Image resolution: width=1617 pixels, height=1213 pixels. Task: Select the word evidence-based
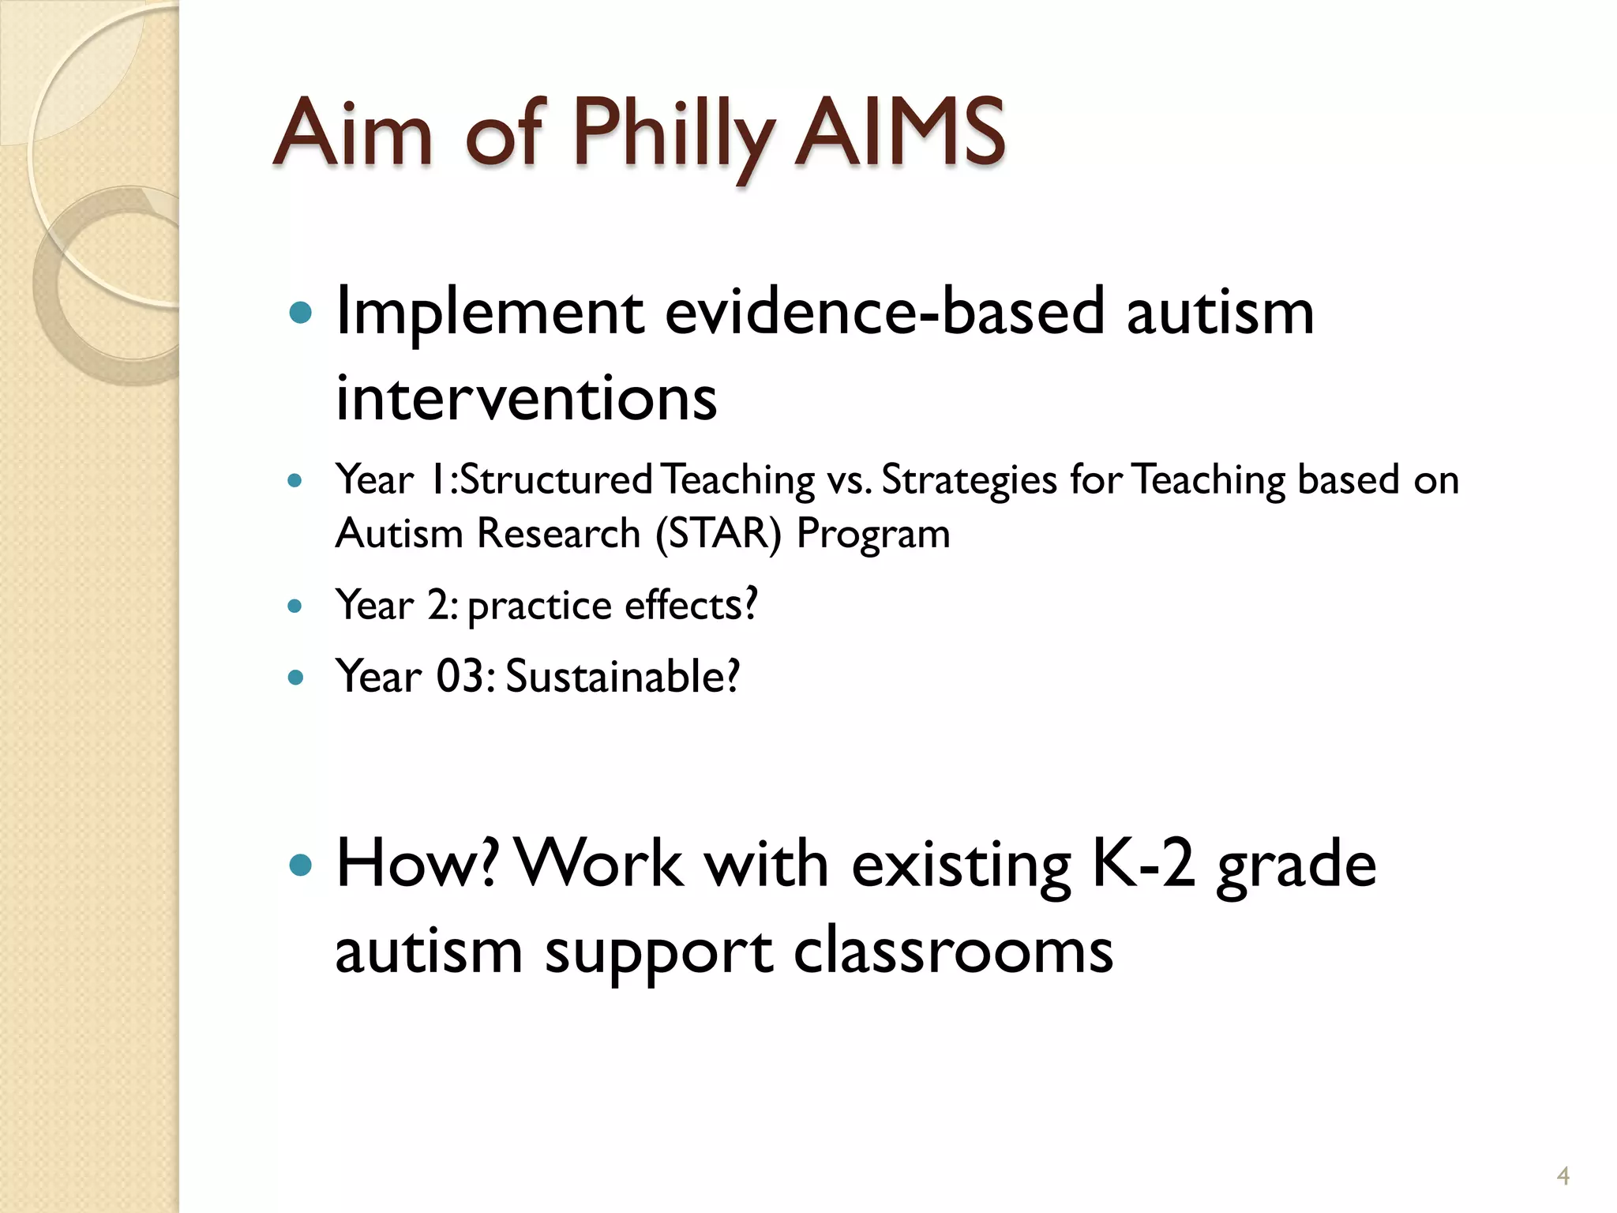pos(884,312)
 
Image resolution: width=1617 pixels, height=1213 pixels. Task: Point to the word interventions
pos(526,398)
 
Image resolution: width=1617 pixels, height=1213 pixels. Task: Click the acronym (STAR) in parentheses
pos(718,534)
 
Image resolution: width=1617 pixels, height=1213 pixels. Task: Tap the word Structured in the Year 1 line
pos(556,479)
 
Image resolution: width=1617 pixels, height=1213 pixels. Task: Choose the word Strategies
pos(969,481)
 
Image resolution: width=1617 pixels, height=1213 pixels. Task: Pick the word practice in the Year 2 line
pos(539,607)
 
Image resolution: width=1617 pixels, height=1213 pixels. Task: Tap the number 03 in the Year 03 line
pos(460,677)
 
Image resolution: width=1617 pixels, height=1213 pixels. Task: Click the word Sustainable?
pos(623,677)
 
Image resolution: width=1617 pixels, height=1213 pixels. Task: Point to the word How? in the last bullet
pos(417,865)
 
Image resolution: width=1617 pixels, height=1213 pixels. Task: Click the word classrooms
pos(953,952)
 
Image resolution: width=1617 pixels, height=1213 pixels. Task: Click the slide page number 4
pos(1563,1176)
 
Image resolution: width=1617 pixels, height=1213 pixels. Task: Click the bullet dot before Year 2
pos(295,606)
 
